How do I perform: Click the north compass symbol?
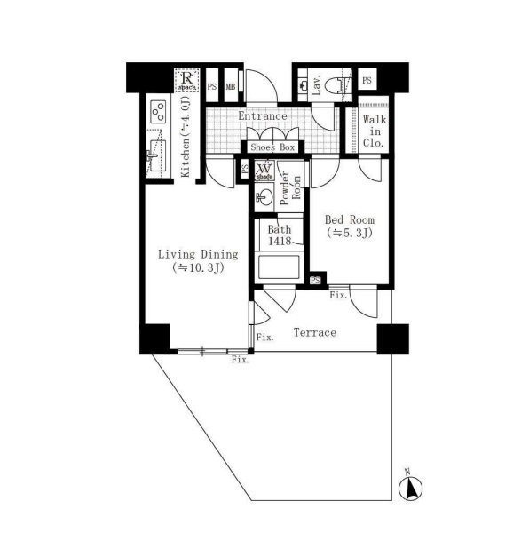tap(410, 489)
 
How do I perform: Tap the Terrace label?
tap(314, 332)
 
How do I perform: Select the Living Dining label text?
tap(198, 255)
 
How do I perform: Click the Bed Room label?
tap(350, 219)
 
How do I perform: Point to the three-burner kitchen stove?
tap(159, 111)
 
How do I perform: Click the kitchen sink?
tap(156, 156)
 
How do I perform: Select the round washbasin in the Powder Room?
tap(264, 197)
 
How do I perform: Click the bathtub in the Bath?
tap(279, 267)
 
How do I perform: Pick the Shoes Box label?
tap(272, 147)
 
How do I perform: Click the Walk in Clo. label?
tap(375, 131)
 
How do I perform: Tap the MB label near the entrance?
tap(231, 86)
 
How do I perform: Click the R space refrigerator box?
tap(187, 81)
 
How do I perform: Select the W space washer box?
tap(264, 171)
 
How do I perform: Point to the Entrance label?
tap(263, 115)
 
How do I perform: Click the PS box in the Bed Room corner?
tap(315, 281)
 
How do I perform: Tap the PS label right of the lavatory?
tap(367, 80)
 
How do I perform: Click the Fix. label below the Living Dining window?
tap(241, 360)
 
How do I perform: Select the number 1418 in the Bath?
tap(280, 241)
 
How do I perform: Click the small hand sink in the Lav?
tap(303, 85)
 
